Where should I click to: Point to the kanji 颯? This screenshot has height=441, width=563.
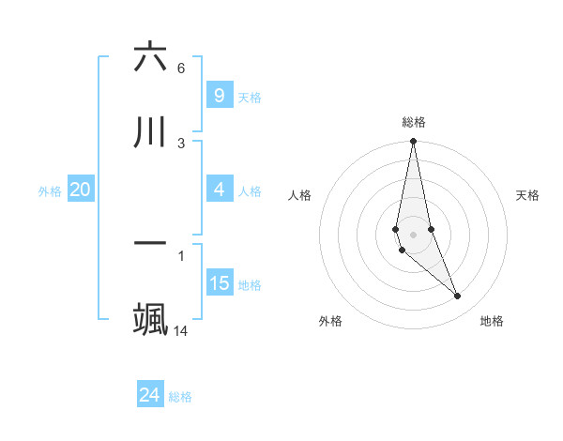[x=150, y=318]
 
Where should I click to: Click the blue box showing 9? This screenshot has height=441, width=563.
[x=219, y=95]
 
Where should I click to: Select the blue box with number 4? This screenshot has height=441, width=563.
[x=219, y=190]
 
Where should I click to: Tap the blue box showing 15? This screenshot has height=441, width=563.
[x=219, y=284]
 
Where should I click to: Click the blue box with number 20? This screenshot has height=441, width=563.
[x=81, y=190]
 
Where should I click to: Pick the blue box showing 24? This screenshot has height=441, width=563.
[x=150, y=395]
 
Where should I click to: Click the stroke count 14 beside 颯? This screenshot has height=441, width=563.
[x=181, y=330]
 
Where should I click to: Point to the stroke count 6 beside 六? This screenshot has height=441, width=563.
[x=181, y=68]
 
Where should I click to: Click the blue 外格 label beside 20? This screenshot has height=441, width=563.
[x=50, y=191]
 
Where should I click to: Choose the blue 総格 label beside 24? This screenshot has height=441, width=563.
[x=180, y=397]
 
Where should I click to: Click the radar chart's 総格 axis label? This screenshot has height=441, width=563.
[x=414, y=122]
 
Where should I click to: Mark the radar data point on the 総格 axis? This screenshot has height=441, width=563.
[x=413, y=142]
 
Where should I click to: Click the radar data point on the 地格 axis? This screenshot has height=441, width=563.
[x=458, y=297]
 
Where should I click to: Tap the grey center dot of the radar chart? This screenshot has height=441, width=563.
[x=413, y=234]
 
